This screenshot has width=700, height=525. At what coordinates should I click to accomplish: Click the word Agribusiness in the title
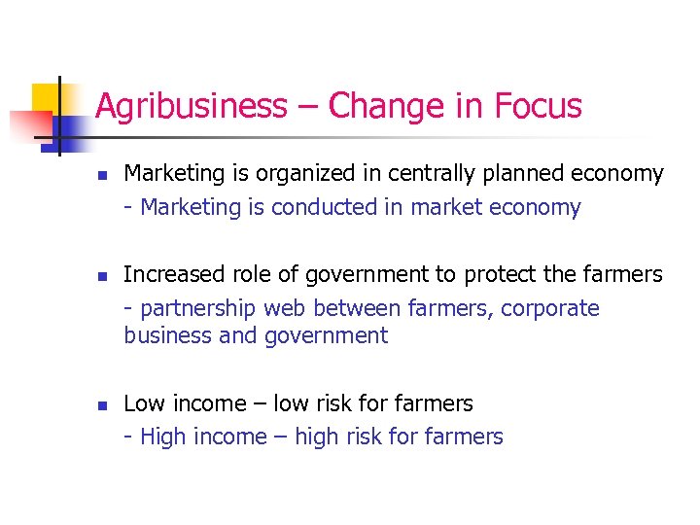(x=192, y=105)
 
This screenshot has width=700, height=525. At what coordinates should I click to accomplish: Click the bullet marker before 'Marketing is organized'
(x=99, y=176)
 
